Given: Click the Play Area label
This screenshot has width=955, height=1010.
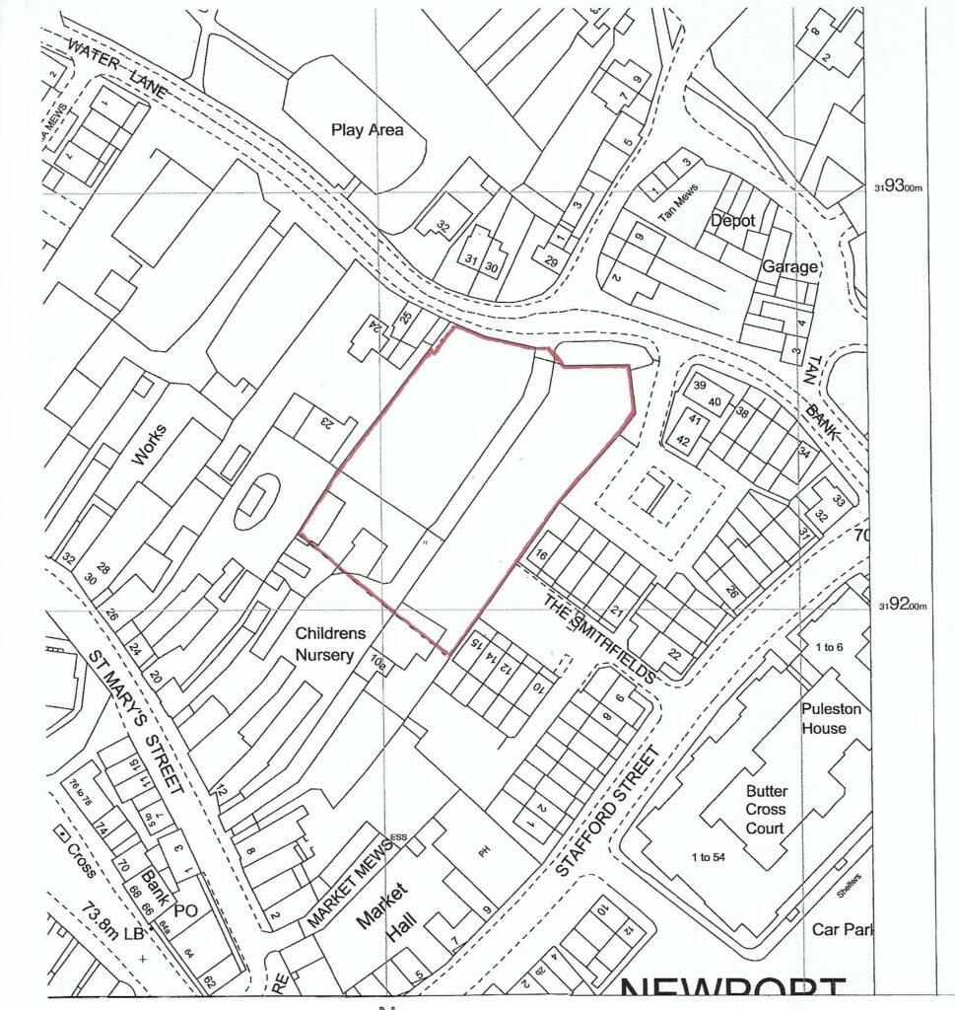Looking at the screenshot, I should pyautogui.click(x=368, y=129).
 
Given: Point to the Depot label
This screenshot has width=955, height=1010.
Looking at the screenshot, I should pyautogui.click(x=732, y=221).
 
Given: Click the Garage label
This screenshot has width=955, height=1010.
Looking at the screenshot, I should pyautogui.click(x=788, y=266).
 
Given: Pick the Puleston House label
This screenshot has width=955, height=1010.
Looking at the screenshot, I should pyautogui.click(x=824, y=718).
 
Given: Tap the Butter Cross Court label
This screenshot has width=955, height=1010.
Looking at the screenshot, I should pyautogui.click(x=765, y=811).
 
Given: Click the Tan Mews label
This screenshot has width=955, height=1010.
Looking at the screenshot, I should pyautogui.click(x=679, y=212).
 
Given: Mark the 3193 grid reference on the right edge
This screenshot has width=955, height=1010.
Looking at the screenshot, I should pyautogui.click(x=900, y=185).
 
